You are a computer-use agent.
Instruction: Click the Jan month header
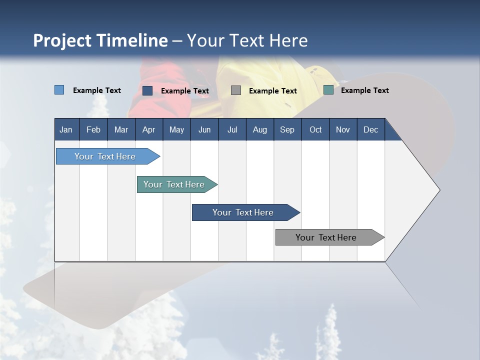(66, 129)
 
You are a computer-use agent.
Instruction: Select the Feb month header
(93, 129)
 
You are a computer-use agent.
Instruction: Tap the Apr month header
(148, 129)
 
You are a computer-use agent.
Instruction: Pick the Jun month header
(204, 129)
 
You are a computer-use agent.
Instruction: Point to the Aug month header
(259, 129)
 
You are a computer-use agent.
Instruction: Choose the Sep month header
(287, 129)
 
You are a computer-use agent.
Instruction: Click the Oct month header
(315, 129)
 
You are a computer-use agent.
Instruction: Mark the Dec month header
(370, 129)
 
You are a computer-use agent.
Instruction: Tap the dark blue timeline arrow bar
(243, 212)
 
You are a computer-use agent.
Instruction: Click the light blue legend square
(59, 90)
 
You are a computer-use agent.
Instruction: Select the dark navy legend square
(147, 90)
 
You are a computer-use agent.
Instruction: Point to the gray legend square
(236, 90)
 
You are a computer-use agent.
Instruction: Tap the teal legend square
(328, 90)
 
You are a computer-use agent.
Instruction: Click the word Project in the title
(62, 40)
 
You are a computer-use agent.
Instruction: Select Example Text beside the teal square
(364, 90)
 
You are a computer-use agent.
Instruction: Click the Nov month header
(342, 129)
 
